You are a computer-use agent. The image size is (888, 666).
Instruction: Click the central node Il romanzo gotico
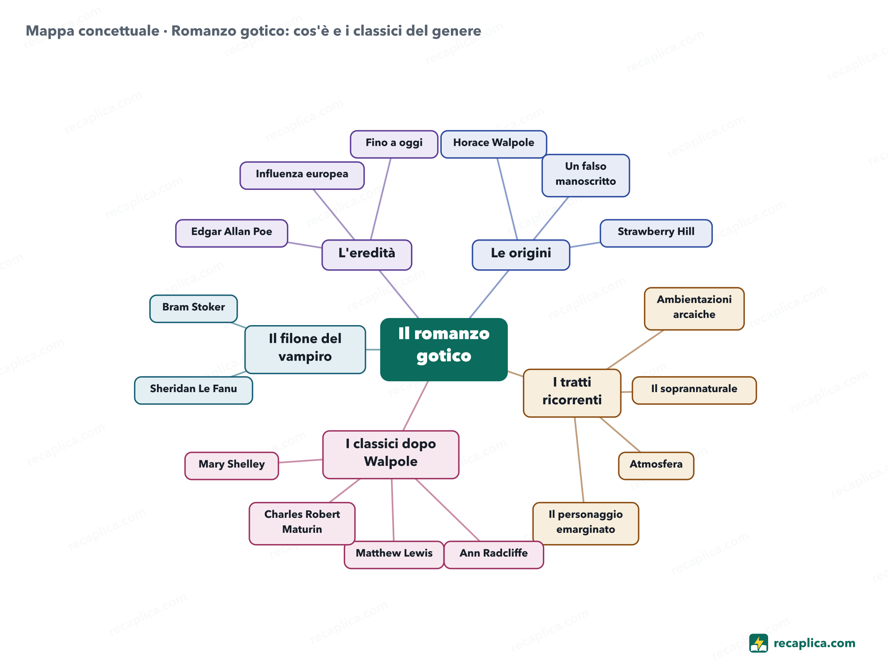444,349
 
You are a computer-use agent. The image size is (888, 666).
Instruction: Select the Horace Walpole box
493,144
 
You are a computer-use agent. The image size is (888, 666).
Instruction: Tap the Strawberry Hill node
656,233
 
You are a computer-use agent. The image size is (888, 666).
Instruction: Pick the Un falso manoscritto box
585,175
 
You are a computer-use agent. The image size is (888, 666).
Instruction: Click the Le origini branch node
521,255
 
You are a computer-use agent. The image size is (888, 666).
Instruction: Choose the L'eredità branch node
367,255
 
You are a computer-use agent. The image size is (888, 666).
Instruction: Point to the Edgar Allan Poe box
231,233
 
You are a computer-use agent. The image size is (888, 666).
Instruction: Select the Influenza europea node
302,175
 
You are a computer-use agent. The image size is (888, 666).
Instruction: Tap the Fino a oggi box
394,144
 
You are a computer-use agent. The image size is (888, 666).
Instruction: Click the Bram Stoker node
194,308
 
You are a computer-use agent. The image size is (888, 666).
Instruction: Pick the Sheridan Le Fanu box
194,390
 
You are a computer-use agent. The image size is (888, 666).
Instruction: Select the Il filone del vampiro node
305,349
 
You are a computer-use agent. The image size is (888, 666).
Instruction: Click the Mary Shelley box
231,465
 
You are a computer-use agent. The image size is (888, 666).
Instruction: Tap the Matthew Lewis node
394,554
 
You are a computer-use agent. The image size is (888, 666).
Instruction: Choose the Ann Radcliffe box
493,554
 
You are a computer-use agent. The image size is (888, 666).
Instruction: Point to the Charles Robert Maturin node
302,523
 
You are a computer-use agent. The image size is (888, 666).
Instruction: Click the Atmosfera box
656,465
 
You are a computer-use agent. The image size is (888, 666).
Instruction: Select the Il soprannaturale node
694,390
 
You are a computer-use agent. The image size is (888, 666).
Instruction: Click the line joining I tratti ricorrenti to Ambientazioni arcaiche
635,349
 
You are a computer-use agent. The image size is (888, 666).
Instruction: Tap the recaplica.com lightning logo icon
758,643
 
